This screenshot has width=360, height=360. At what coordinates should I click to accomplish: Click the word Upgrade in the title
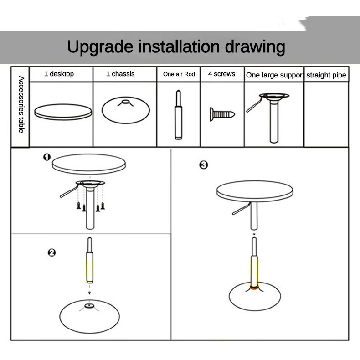100,47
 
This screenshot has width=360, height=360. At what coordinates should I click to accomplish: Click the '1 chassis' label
120,74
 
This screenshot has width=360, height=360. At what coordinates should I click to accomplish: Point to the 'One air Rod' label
179,74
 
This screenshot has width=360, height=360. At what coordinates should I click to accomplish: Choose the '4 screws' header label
221,74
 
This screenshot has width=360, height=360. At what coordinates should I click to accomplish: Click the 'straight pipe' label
326,75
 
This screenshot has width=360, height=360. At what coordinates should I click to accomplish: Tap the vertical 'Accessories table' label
21,104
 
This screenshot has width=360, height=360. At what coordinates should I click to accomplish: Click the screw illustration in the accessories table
222,114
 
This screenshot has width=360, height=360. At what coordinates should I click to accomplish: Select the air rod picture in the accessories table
179,115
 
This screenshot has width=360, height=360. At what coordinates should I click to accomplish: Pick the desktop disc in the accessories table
63,112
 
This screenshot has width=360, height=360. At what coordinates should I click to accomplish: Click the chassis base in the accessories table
126,110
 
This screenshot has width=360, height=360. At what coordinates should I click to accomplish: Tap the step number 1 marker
47,157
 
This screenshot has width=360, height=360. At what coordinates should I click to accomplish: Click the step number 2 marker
51,252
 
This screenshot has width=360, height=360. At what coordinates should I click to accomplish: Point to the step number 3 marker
204,165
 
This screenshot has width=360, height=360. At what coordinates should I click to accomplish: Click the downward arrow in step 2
89,289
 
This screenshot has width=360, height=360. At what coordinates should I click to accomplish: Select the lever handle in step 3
241,209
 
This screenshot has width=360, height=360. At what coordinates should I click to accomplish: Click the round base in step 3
255,296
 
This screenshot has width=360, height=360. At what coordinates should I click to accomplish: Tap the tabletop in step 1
89,164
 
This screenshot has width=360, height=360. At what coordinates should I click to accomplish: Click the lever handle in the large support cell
254,105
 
